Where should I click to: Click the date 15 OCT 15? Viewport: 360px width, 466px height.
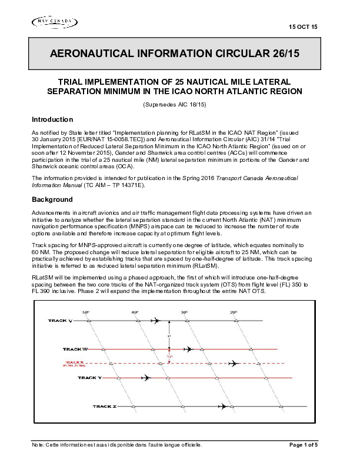(304, 28)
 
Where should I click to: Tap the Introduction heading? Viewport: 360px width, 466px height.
(52, 119)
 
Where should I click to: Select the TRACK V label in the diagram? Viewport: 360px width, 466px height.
(61, 321)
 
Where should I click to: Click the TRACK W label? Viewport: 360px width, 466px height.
(75, 349)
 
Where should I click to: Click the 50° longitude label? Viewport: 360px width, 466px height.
(85, 312)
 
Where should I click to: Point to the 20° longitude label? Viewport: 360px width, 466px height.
(234, 312)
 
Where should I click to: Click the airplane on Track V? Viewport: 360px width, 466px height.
(155, 321)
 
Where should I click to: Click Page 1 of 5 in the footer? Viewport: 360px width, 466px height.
(304, 445)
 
